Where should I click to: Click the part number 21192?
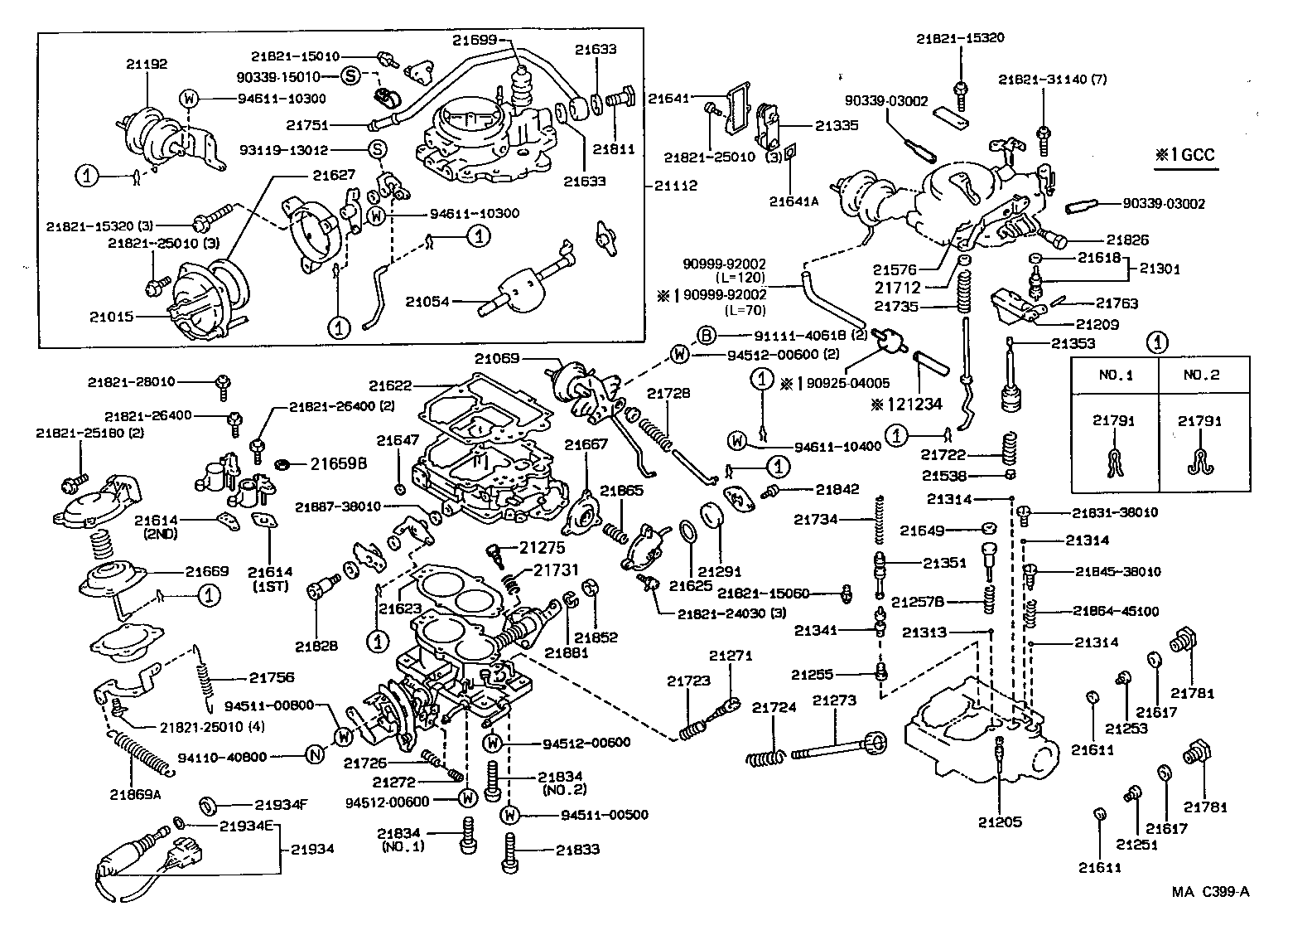[147, 63]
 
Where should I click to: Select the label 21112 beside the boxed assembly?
[675, 186]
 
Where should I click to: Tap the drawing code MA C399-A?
[1210, 892]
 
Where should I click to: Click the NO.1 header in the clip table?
[1115, 375]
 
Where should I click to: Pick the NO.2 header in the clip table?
[1201, 375]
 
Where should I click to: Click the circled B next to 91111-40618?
[706, 336]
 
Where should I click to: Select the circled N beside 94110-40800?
[314, 755]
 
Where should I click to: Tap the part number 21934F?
[281, 804]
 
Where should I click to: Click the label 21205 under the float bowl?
[1000, 822]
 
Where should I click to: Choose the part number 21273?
[833, 701]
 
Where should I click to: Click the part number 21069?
[497, 359]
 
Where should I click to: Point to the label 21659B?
[338, 463]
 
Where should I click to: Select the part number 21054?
[427, 302]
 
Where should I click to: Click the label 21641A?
[793, 201]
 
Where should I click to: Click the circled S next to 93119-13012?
[377, 150]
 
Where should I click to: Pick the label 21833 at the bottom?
[577, 850]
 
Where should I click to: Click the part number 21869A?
[135, 794]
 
